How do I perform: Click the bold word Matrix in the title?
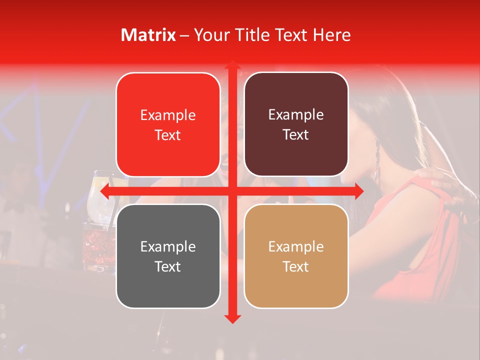(148, 35)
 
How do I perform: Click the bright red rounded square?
(168, 124)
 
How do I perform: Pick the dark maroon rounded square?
(296, 124)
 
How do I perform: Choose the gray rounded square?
(168, 256)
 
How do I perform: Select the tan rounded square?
(296, 256)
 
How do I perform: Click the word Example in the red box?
(168, 115)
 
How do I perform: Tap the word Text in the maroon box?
(296, 135)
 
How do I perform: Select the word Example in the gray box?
(168, 246)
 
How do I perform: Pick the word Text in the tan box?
(296, 266)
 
